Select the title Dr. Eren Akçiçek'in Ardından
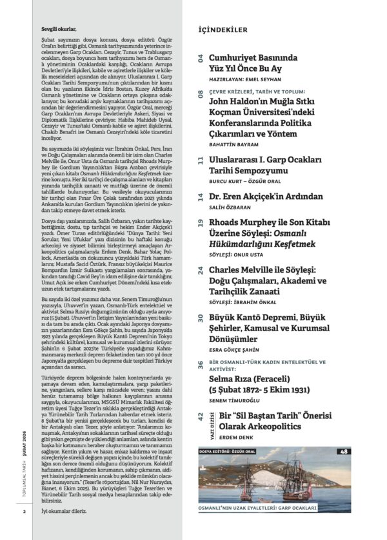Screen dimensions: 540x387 (x=272, y=198)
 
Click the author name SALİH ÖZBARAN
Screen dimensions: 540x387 (x=228, y=209)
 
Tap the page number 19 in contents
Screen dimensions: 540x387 (x=201, y=224)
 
